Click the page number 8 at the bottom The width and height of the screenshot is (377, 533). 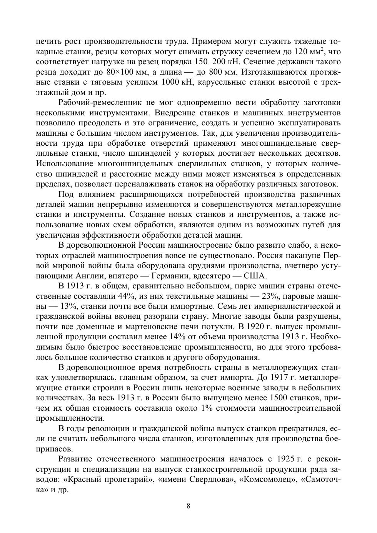click(188, 506)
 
